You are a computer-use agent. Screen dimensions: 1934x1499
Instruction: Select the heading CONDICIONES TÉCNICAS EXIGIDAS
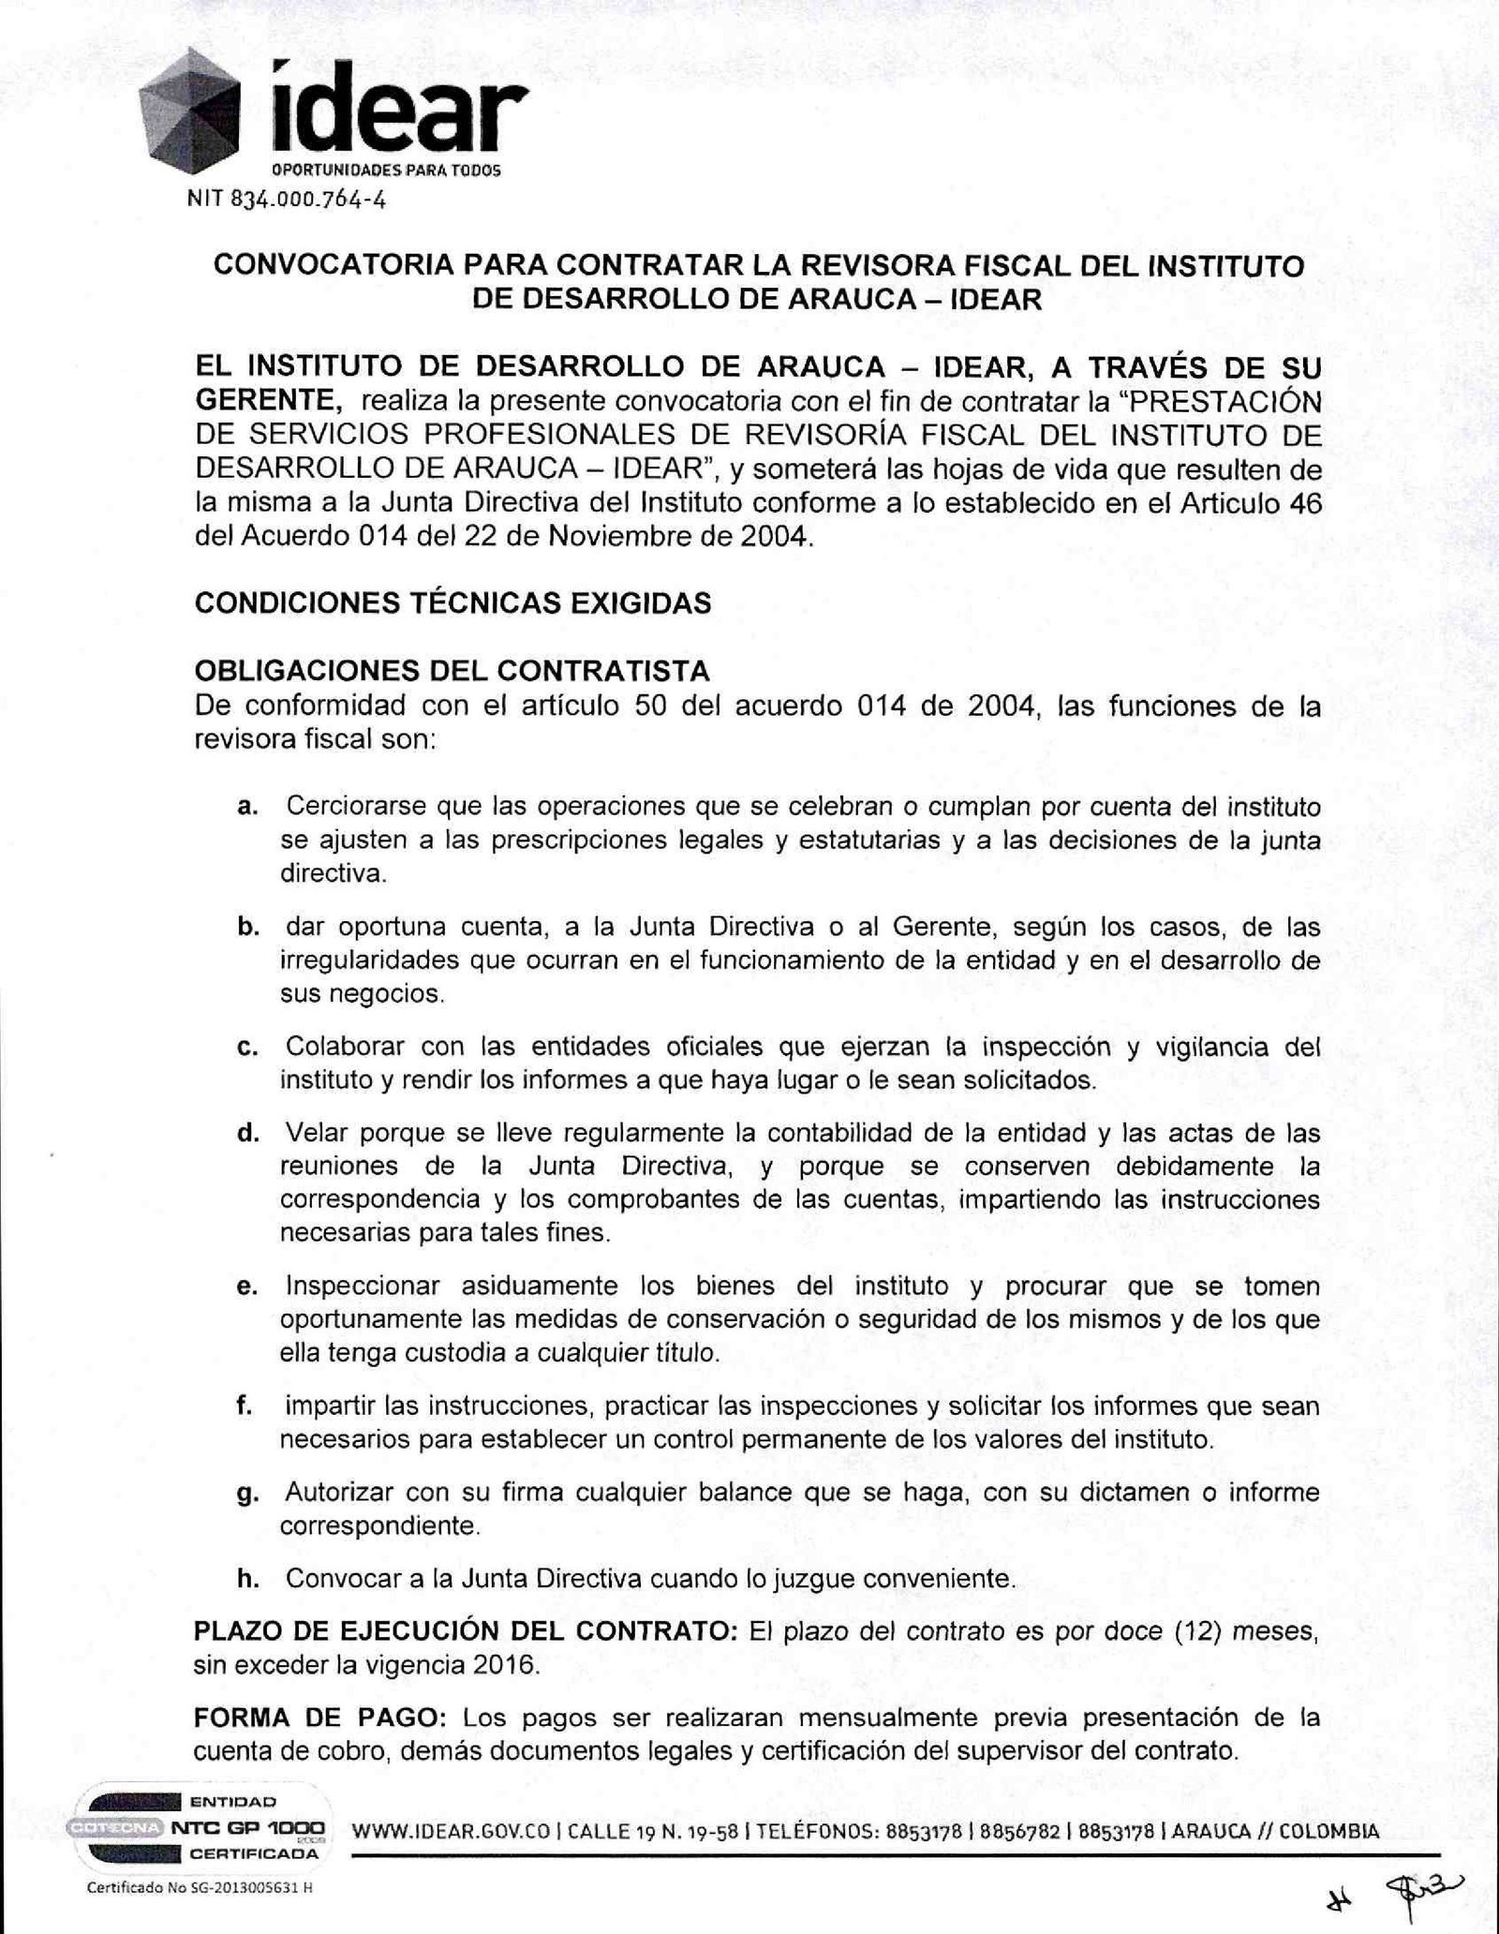(453, 603)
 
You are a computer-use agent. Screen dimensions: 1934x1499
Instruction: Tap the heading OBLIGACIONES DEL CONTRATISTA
(452, 671)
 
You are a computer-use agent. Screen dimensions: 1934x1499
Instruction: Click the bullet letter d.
(247, 1134)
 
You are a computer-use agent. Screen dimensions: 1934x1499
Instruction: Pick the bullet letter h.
(247, 1579)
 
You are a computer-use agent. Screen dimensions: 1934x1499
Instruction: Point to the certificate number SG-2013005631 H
(230, 1887)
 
